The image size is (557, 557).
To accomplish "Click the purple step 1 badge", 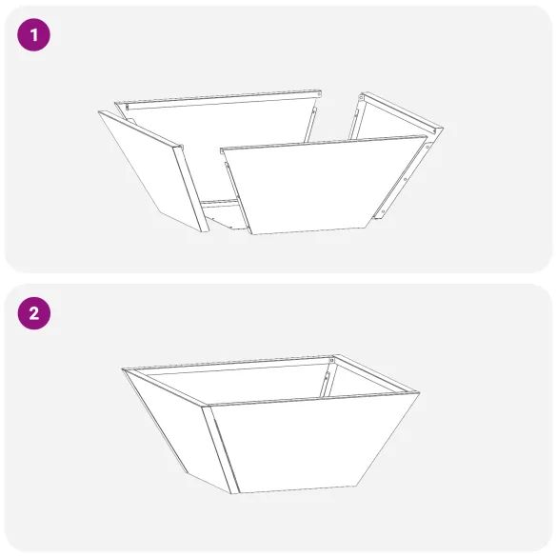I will coord(33,36).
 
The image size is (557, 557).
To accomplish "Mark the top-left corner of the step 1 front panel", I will coord(221,149).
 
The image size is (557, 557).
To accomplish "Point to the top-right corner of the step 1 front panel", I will coord(426,136).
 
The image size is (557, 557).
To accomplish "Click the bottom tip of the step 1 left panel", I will coord(204,231).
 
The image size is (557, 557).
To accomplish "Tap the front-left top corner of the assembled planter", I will coord(205,407).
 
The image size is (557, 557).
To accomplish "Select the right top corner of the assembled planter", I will coord(420,391).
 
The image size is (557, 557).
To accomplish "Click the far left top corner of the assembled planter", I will coord(123,369).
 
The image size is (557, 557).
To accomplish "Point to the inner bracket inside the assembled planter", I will coord(327,381).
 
